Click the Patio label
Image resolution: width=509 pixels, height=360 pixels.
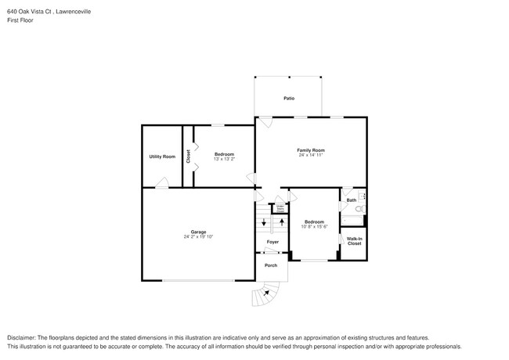click(288, 99)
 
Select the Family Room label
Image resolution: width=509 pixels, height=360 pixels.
click(310, 149)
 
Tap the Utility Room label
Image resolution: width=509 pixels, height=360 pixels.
click(162, 157)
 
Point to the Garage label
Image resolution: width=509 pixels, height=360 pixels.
click(198, 232)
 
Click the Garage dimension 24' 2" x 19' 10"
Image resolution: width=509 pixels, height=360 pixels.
click(198, 237)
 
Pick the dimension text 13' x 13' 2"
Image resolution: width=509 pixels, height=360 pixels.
click(225, 159)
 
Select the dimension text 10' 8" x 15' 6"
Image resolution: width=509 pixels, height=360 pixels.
click(315, 226)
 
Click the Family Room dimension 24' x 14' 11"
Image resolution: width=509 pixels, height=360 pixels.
click(310, 155)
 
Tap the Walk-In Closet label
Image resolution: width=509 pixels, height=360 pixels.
click(354, 241)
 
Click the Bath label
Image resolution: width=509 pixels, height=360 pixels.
click(352, 200)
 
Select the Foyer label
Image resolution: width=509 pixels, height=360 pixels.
click(273, 243)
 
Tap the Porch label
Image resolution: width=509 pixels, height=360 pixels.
click(271, 265)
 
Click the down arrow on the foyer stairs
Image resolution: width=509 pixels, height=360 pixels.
click(264, 222)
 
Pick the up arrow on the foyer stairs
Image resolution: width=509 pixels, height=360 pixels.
click(280, 222)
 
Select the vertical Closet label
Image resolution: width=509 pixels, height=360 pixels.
click(188, 157)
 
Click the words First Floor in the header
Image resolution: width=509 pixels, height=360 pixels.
click(20, 20)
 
